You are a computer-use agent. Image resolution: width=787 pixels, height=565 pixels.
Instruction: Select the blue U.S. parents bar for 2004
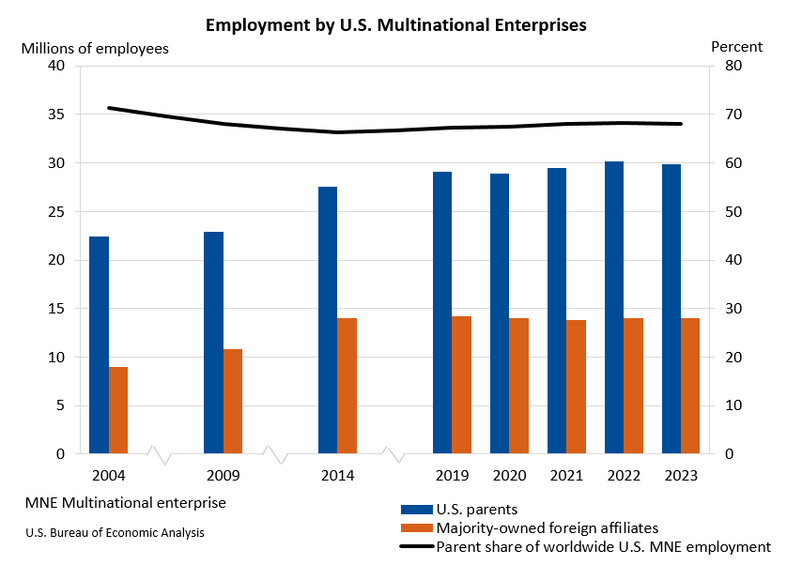pyautogui.click(x=99, y=345)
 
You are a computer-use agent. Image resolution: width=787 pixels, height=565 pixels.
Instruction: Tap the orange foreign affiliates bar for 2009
pyautogui.click(x=233, y=402)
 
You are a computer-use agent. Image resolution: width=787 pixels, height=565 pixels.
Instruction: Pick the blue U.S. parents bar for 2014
pyautogui.click(x=328, y=320)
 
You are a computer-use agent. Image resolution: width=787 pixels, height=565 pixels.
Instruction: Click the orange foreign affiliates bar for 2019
pyautogui.click(x=462, y=385)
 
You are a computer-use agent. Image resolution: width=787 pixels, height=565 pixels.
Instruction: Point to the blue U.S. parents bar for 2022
pyautogui.click(x=614, y=308)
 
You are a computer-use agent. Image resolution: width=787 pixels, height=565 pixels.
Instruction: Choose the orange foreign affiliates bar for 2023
pyautogui.click(x=690, y=386)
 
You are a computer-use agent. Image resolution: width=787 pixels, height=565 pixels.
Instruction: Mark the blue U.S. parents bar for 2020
pyautogui.click(x=500, y=313)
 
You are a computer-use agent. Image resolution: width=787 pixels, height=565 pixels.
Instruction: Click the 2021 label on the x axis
pyautogui.click(x=566, y=476)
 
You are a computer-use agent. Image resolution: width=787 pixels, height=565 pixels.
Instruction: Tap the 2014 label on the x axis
pyautogui.click(x=337, y=476)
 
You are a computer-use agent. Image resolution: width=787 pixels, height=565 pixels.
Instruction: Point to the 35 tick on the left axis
pyautogui.click(x=55, y=115)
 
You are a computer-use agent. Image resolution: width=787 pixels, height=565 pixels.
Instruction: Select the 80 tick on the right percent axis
pyautogui.click(x=733, y=66)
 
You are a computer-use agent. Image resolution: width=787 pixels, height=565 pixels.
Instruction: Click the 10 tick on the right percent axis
pyautogui.click(x=733, y=405)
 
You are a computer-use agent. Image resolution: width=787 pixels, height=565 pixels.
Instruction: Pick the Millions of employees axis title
pyautogui.click(x=95, y=47)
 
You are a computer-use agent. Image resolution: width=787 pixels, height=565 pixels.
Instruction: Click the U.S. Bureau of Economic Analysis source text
pyautogui.click(x=115, y=532)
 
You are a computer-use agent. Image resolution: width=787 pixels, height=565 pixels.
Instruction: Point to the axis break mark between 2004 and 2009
pyautogui.click(x=159, y=454)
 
